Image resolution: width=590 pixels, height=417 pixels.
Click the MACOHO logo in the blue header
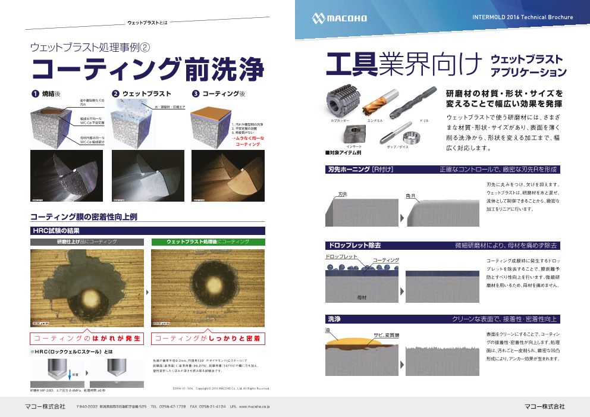coord(340,18)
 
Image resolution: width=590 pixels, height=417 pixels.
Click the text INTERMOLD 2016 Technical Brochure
coord(522,17)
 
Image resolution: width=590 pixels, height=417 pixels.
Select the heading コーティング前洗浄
coord(147,69)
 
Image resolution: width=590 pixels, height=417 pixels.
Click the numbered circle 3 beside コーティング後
coord(196,94)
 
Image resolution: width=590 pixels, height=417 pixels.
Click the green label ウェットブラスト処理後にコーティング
coord(208,242)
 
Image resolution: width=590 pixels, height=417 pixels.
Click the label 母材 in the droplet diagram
coord(362,296)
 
